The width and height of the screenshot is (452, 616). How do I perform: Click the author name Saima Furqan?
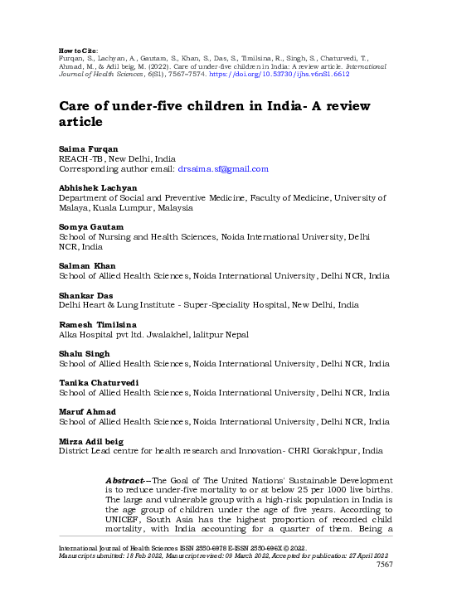click(87, 147)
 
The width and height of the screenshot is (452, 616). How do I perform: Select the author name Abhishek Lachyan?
click(96, 187)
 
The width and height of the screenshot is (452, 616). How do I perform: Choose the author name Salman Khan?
click(87, 264)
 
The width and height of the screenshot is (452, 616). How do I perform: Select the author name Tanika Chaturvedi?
click(98, 382)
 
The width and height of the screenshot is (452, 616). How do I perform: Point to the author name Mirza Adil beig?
click(93, 441)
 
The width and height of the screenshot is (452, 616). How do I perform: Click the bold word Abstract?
click(127, 480)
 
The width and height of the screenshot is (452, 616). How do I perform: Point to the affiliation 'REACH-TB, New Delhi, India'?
click(117, 158)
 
